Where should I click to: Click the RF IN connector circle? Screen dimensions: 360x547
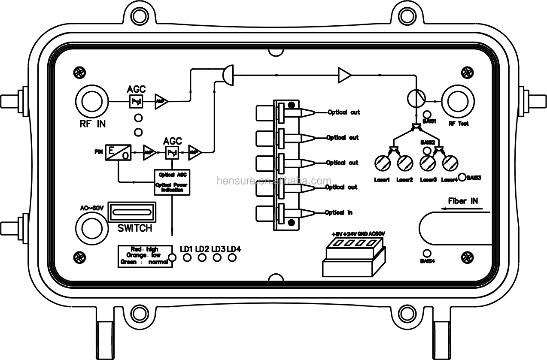coord(91,102)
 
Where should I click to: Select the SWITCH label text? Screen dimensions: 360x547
coord(135,228)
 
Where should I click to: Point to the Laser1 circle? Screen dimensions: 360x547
coord(381,163)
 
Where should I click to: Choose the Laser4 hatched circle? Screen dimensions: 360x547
coord(450,163)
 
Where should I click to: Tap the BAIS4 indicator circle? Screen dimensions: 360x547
coord(427,253)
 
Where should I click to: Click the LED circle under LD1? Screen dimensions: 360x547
coord(187,257)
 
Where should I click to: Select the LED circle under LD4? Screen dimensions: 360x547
coord(232,257)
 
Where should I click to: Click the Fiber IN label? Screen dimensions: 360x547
coord(463,201)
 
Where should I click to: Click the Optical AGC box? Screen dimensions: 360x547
coord(172,182)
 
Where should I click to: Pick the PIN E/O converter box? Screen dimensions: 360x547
coord(118,152)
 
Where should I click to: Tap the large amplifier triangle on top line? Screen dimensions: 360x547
coord(344,75)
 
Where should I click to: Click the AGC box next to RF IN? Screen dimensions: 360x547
coord(136,102)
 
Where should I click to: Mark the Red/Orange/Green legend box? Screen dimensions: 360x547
coord(145,256)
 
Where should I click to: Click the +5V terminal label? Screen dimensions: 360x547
coord(337,234)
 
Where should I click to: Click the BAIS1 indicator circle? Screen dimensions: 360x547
coord(427,114)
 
